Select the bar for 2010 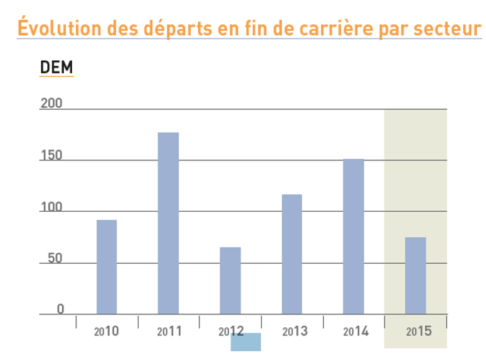[x=107, y=267]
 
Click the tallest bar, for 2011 [x=168, y=223]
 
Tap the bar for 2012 [x=230, y=281]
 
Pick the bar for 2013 [x=292, y=254]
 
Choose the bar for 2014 [x=353, y=236]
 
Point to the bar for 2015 [x=415, y=275]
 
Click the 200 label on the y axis [x=51, y=104]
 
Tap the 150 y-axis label [x=51, y=156]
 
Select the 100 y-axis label [x=51, y=207]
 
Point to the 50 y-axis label [x=55, y=258]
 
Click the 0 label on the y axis [x=60, y=309]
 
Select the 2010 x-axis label [x=106, y=331]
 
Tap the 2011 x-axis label [x=169, y=331]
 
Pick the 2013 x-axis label [x=294, y=331]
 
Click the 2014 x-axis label [x=356, y=331]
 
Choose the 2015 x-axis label [x=419, y=331]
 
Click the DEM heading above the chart [x=57, y=68]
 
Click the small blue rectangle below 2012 [x=246, y=342]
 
